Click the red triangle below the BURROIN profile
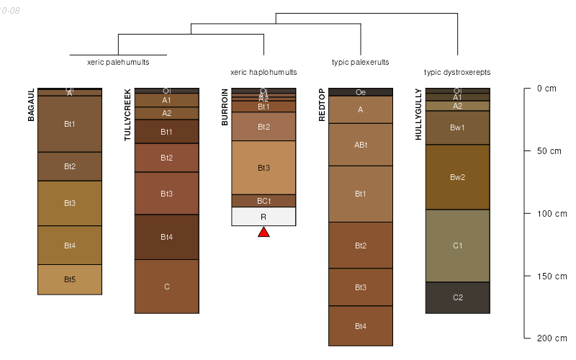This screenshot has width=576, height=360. tap(264, 232)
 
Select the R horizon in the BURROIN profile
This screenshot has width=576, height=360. tap(264, 217)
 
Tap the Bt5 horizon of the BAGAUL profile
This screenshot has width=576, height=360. tap(70, 279)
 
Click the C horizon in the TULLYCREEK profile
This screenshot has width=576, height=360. tap(166, 287)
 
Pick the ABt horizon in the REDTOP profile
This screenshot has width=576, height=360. tap(361, 145)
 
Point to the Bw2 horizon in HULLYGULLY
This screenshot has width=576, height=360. tap(457, 177)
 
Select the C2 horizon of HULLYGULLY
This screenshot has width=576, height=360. tap(457, 297)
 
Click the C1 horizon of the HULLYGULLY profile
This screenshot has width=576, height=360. tap(457, 246)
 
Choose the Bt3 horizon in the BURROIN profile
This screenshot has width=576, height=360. tap(264, 168)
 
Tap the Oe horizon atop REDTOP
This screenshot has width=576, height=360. tap(361, 92)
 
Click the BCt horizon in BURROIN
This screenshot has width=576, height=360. tap(264, 201)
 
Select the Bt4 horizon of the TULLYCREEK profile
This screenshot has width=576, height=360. tap(166, 237)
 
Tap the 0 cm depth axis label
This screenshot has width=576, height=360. tap(546, 89)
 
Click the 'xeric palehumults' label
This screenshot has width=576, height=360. tap(118, 63)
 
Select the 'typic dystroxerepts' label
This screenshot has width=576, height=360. tap(457, 73)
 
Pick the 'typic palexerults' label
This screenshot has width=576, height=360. tap(360, 63)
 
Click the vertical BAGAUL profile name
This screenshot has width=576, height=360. tap(31, 105)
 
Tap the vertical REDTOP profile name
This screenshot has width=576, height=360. tap(322, 106)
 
